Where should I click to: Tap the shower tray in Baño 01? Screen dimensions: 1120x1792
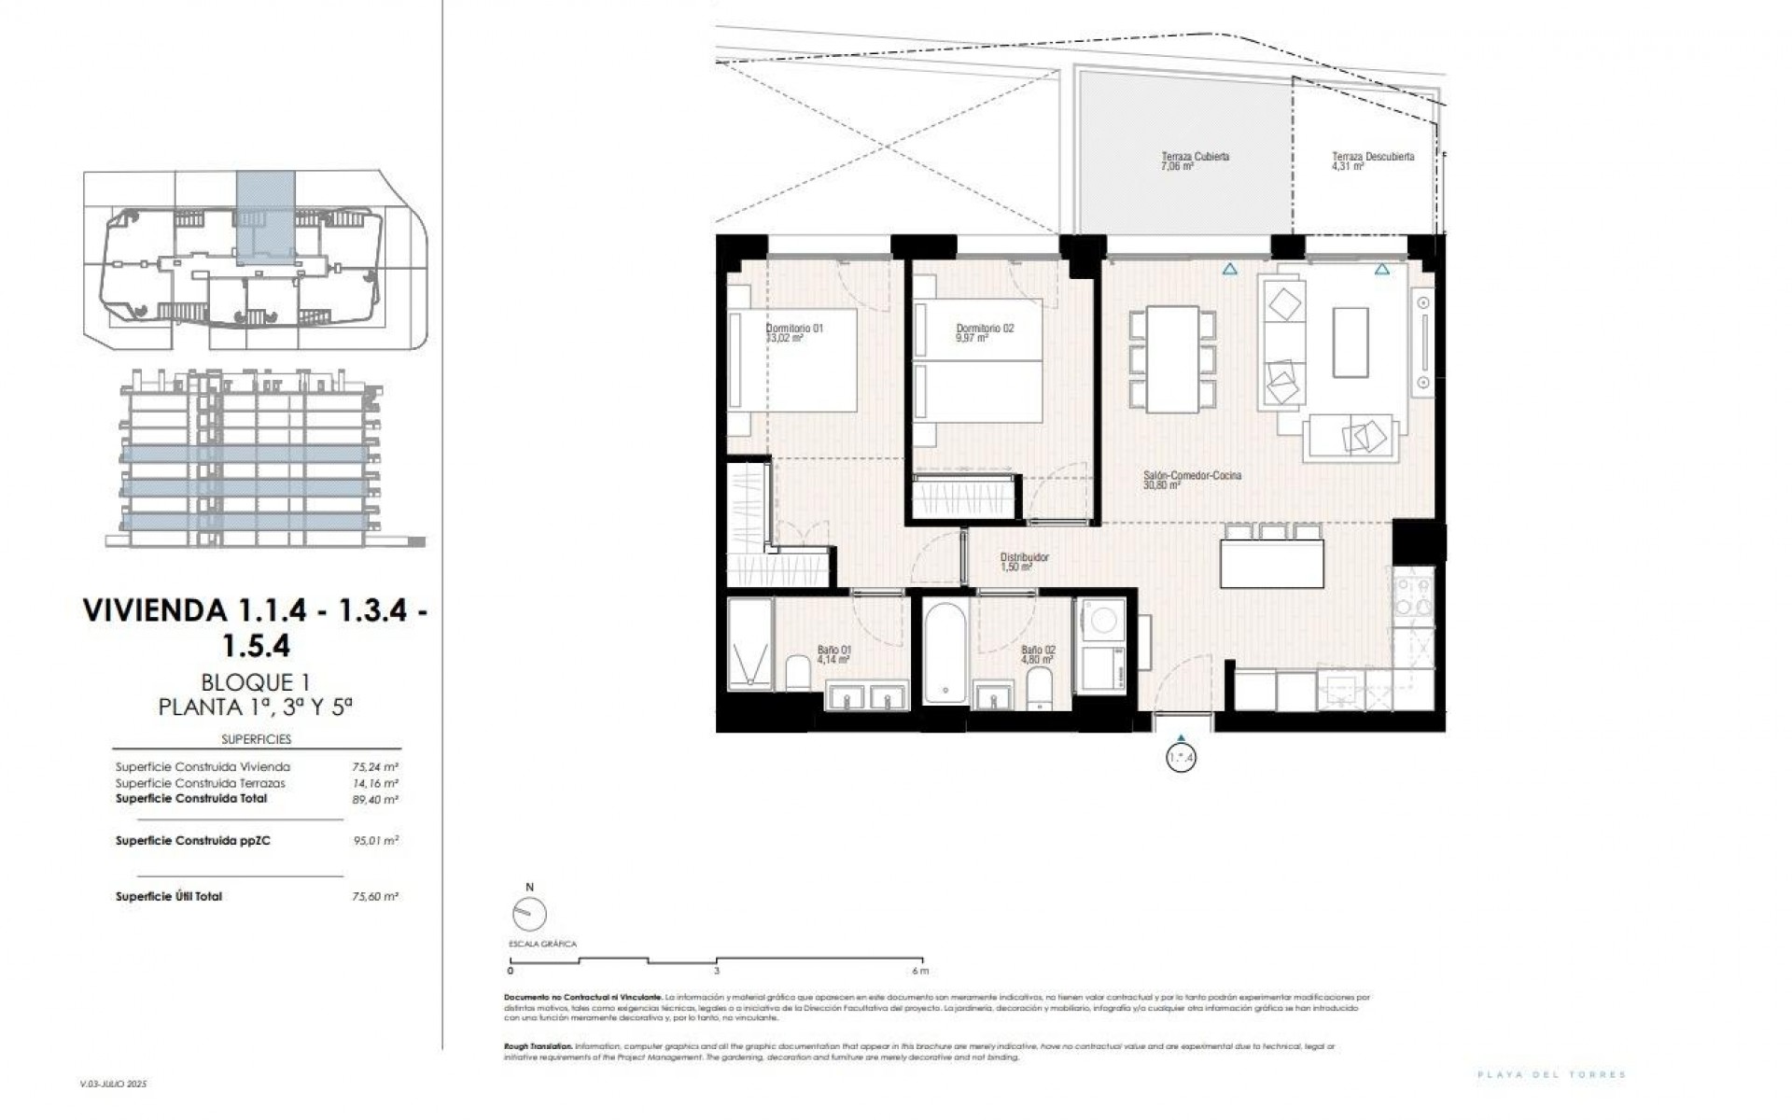click(x=750, y=645)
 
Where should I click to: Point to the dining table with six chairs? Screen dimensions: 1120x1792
click(x=1173, y=358)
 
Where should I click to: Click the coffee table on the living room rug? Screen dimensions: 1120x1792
click(x=1350, y=343)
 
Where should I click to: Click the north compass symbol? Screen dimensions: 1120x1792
click(x=529, y=913)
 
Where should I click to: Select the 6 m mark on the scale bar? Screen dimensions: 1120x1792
click(x=922, y=971)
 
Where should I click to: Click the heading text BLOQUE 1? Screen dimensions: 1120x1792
click(x=256, y=683)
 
